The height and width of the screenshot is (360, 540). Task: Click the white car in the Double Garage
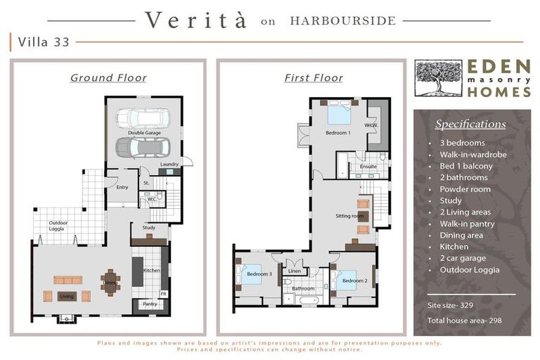(x=143, y=118)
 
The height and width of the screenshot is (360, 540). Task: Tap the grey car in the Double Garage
(x=143, y=147)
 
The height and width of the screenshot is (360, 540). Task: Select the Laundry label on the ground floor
(x=169, y=165)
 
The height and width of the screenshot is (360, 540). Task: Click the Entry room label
(x=122, y=187)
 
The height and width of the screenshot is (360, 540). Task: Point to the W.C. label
(x=152, y=199)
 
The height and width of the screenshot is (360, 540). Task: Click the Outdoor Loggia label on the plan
(x=58, y=226)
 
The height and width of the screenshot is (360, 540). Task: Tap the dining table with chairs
(x=110, y=283)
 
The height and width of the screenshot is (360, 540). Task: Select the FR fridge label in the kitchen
(x=163, y=294)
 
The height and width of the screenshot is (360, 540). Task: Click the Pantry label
(x=150, y=304)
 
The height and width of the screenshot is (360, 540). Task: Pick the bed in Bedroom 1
(x=339, y=112)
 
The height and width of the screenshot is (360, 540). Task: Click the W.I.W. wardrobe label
(x=371, y=125)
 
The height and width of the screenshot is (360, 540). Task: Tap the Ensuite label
(x=368, y=167)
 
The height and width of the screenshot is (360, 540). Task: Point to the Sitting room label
(x=349, y=216)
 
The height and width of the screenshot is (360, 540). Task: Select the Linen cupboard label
(x=295, y=271)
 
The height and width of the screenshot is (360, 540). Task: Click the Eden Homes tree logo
(x=438, y=78)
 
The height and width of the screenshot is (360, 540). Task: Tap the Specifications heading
(x=470, y=124)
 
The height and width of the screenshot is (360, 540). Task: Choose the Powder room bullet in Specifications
(x=465, y=189)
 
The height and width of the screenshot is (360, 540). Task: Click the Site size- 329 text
(x=450, y=305)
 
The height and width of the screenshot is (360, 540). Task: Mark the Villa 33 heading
(x=44, y=42)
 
